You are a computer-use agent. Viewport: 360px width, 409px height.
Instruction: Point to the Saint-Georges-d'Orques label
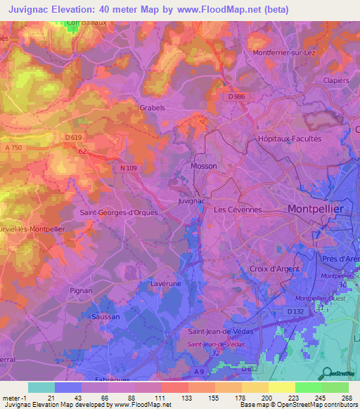118,212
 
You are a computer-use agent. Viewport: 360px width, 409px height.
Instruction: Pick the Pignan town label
82,290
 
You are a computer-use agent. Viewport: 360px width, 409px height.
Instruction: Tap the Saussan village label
105,317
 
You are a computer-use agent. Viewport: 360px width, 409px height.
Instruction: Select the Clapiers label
336,81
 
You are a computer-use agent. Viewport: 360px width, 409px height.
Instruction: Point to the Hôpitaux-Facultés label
290,139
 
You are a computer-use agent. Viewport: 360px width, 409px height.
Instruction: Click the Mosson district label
204,166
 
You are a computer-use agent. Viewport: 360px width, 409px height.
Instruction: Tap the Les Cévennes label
238,209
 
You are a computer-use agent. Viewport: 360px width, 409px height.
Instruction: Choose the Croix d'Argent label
275,268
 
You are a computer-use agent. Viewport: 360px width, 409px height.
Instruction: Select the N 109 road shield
127,168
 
